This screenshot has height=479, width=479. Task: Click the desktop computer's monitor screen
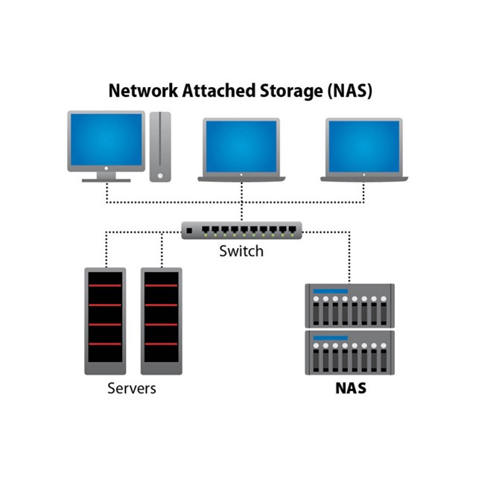point(106,140)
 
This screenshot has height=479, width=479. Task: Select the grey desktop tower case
point(159,146)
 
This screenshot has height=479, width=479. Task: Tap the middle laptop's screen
point(241,146)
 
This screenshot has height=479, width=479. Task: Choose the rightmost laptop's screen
point(364,146)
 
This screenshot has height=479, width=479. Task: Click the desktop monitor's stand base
point(106,180)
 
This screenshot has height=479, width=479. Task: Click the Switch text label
point(241,251)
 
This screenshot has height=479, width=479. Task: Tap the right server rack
point(161,320)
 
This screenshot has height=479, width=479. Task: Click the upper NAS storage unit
point(350,305)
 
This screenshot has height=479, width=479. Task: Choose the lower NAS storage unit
point(350,353)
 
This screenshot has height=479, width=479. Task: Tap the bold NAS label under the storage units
point(350,389)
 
